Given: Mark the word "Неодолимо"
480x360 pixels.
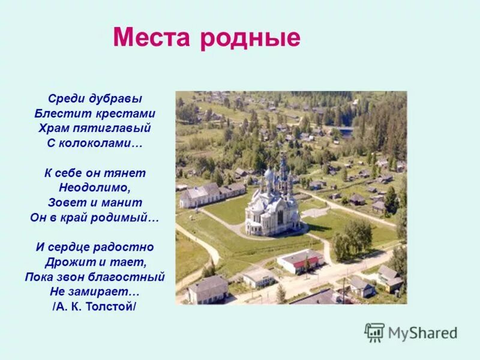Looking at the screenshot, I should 95,188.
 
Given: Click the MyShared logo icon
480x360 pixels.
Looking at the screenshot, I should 374,332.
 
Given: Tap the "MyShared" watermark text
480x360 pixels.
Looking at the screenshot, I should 422,333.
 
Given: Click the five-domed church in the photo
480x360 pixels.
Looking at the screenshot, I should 274,201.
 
